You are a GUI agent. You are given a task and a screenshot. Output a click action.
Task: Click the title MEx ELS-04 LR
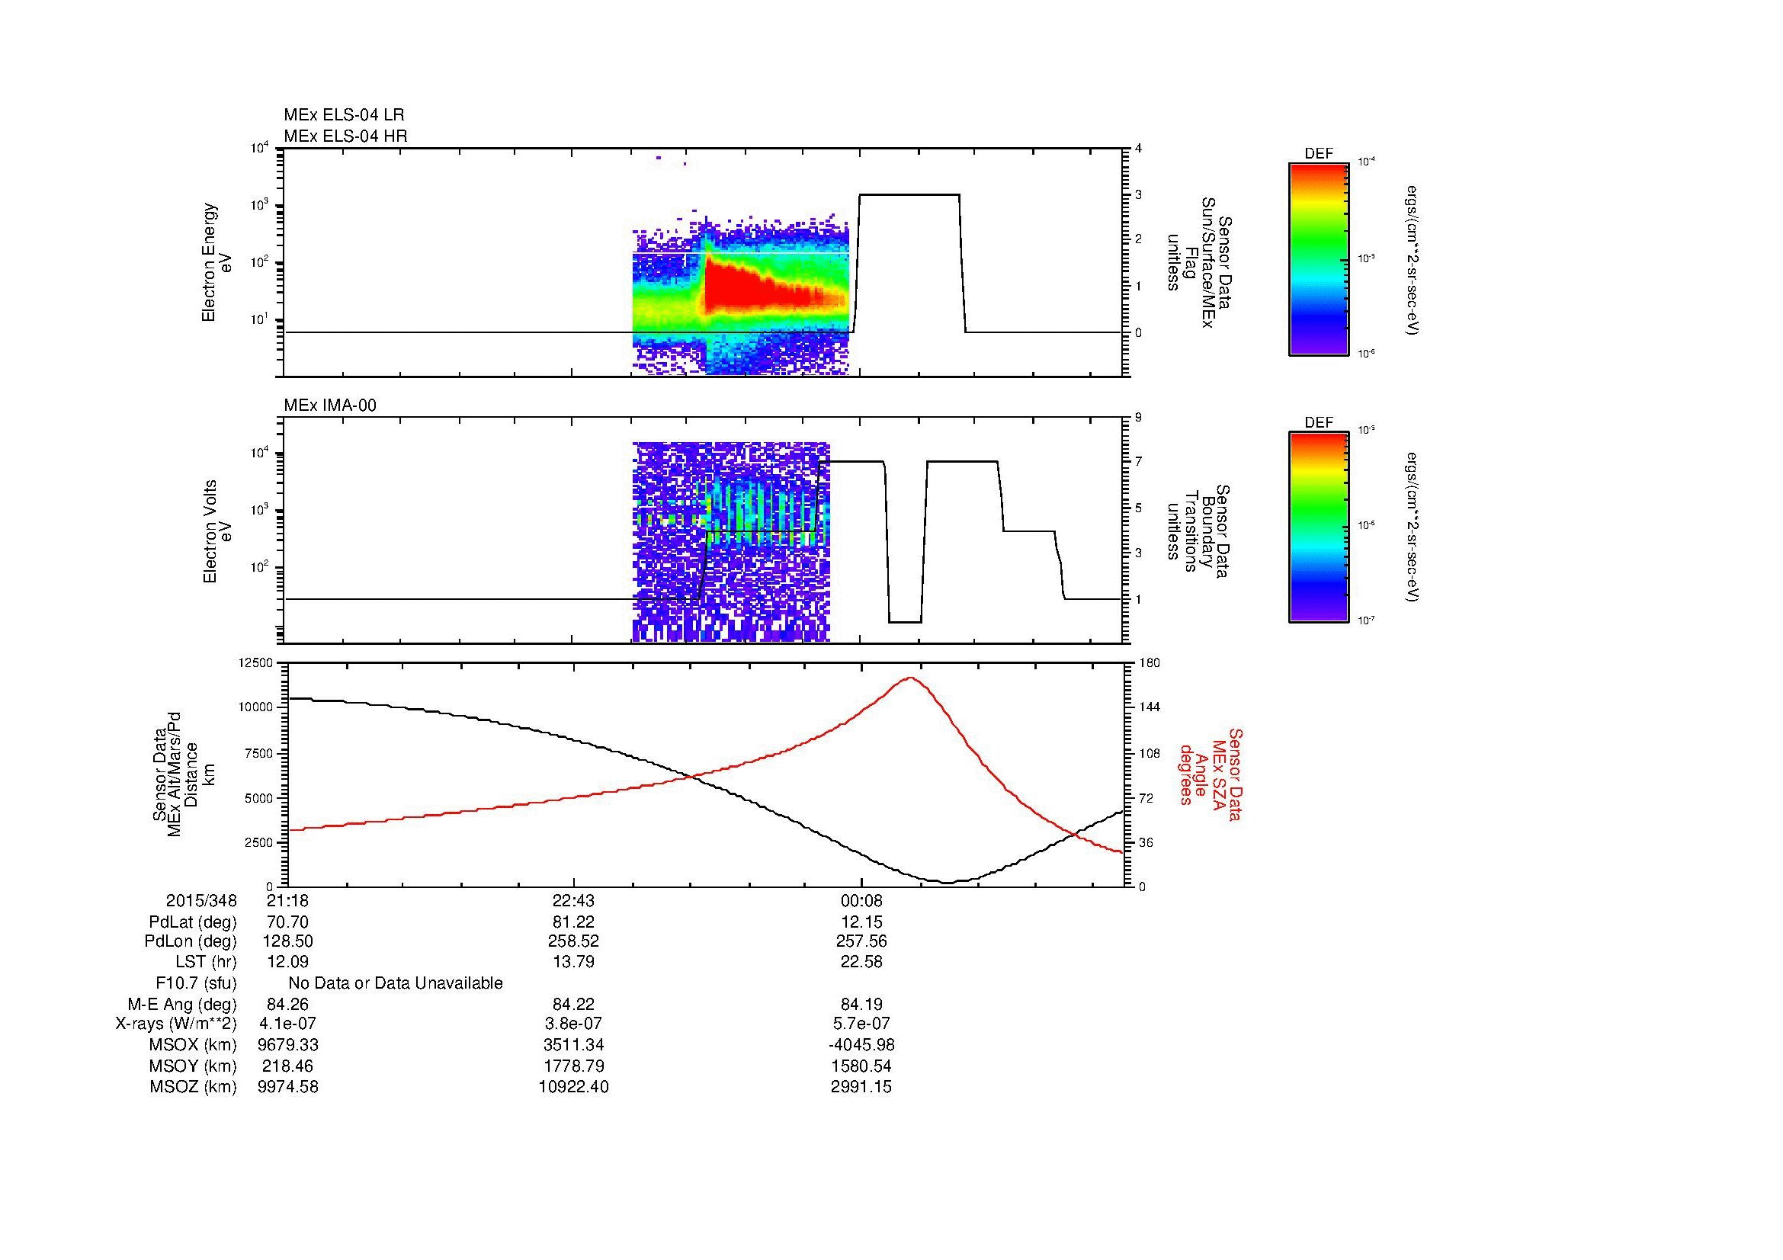coord(344,115)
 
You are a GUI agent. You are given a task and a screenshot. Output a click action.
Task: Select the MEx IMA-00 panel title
coord(330,406)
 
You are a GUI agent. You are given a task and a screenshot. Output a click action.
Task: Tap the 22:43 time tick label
coord(573,900)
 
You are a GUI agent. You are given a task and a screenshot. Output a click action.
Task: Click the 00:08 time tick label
coord(861,900)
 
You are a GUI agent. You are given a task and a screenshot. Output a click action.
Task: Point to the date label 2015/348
coord(201,900)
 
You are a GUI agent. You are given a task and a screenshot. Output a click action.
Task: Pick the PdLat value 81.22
coord(573,922)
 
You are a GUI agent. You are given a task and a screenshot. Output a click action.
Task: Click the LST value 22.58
coord(861,962)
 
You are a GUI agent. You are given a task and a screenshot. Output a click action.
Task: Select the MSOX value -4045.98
coord(861,1045)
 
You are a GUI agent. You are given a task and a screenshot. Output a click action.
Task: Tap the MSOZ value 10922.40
coord(573,1087)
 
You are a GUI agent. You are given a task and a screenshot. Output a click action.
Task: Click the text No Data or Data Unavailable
coord(396,983)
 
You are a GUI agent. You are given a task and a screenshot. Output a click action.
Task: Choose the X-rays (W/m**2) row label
coord(176,1024)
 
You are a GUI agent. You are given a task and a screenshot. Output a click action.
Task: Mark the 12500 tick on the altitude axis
coord(257,662)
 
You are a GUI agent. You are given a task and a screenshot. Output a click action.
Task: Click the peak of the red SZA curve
coord(910,678)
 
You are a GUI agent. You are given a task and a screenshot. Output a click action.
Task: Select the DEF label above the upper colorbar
coord(1319,154)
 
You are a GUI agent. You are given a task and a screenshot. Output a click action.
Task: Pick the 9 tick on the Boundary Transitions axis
coord(1138,418)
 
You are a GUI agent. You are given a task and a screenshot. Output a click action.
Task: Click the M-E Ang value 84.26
coord(287,1004)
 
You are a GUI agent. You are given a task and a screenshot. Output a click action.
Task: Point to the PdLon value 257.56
coord(861,941)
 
